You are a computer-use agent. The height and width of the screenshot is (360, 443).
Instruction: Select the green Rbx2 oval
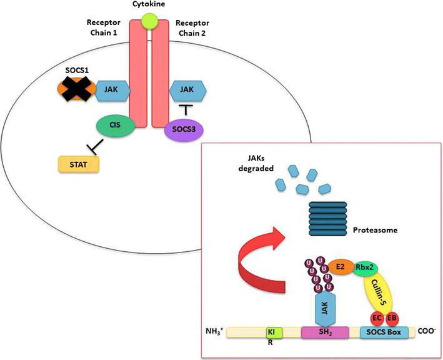point(366,267)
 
